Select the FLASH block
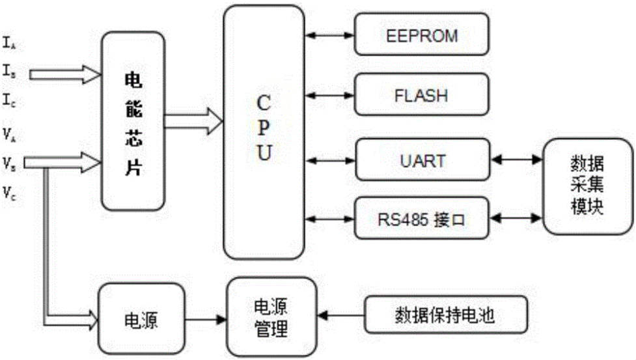tap(421, 96)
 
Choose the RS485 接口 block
tap(421, 217)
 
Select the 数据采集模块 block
tap(588, 187)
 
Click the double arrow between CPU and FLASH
tap(329, 96)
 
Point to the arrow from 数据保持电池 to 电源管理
tap(343, 316)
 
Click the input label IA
tap(8, 44)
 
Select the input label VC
tap(8, 193)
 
